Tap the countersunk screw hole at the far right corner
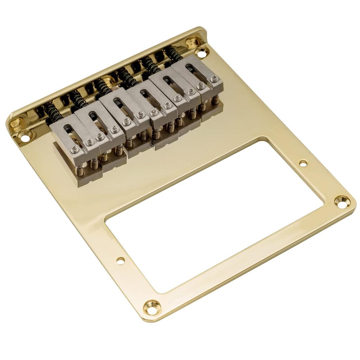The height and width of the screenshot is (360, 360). click(x=342, y=201)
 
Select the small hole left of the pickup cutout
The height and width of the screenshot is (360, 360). click(x=121, y=261)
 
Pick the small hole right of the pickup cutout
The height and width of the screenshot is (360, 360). click(x=303, y=163)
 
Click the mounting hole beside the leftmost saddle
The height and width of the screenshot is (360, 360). click(x=25, y=137)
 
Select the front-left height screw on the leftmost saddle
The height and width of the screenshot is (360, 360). click(x=74, y=150)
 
